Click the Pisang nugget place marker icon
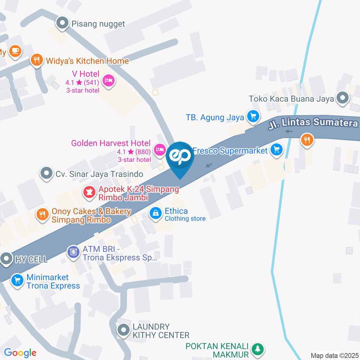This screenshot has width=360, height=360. pyautogui.click(x=62, y=23)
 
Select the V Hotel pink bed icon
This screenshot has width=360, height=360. pyautogui.click(x=109, y=80)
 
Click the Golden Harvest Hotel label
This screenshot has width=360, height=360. pyautogui.click(x=111, y=143)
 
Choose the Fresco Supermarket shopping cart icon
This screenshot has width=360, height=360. pyautogui.click(x=277, y=150)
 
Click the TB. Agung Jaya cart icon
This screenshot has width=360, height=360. pyautogui.click(x=253, y=117)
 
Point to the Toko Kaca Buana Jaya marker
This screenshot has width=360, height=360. pyautogui.click(x=342, y=98)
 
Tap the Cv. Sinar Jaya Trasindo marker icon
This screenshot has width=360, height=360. pyautogui.click(x=46, y=174)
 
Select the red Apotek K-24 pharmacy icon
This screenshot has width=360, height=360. pyautogui.click(x=89, y=193)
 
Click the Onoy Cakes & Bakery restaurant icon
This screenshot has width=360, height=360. pyautogui.click(x=42, y=215)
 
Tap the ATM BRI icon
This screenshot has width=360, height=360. pyautogui.click(x=73, y=252)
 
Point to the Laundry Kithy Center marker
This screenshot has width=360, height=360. pyautogui.click(x=123, y=330)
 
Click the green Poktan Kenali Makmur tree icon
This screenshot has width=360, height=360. pyautogui.click(x=257, y=349)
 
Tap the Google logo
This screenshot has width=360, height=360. pyautogui.click(x=20, y=353)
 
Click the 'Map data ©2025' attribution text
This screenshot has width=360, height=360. pyautogui.click(x=334, y=355)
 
